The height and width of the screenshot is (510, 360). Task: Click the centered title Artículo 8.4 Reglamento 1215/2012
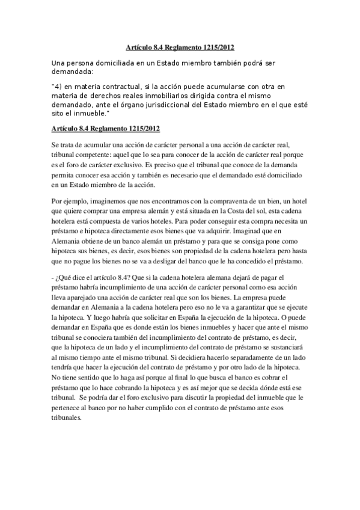pyautogui.click(x=180, y=46)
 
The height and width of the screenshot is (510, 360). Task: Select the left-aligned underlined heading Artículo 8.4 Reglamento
pyautogui.click(x=105, y=129)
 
